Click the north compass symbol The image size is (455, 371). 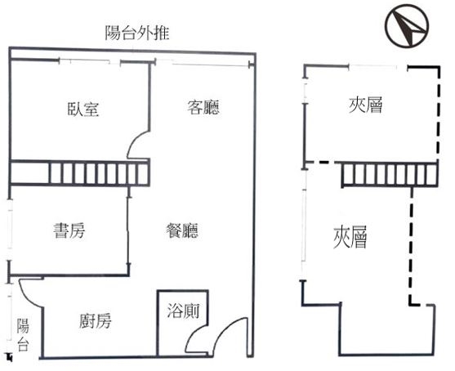click(x=407, y=25)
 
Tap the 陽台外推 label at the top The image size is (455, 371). click(x=137, y=33)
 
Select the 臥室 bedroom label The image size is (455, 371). click(x=83, y=110)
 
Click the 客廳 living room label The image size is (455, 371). click(x=203, y=107)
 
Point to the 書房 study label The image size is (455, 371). click(x=69, y=230)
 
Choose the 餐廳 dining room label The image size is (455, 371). click(x=182, y=230)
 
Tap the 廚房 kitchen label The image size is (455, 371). click(x=95, y=321)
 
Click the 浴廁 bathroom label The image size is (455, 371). click(x=183, y=311)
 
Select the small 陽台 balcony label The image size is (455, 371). click(x=23, y=335)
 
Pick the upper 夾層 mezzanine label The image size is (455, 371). click(x=365, y=105)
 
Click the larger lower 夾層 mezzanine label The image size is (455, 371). click(x=350, y=237)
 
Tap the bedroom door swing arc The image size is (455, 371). click(x=134, y=142)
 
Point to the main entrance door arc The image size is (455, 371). click(x=225, y=327)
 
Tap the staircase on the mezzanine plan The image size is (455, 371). click(x=390, y=174)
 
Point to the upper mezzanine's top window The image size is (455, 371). click(x=372, y=67)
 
